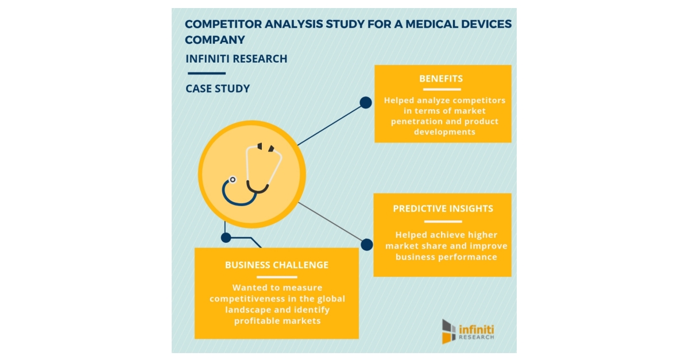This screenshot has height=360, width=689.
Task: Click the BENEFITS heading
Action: (441, 79)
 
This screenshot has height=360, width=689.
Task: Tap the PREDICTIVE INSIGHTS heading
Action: (443, 209)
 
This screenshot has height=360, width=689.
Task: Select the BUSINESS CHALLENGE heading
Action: (277, 265)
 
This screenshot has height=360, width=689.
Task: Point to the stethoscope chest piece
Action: (232, 180)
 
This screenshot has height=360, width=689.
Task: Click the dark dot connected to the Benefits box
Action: (365, 103)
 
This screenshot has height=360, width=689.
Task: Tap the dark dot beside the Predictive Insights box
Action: (366, 245)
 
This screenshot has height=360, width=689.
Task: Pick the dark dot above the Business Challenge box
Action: (226, 237)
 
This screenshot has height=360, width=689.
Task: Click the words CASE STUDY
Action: (218, 89)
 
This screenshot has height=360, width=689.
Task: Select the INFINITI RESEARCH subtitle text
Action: (237, 59)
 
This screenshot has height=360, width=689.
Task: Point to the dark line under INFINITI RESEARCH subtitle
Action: (206, 73)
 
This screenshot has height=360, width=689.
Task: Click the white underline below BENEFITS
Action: (441, 90)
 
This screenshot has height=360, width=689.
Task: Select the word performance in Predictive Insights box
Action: (467, 257)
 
